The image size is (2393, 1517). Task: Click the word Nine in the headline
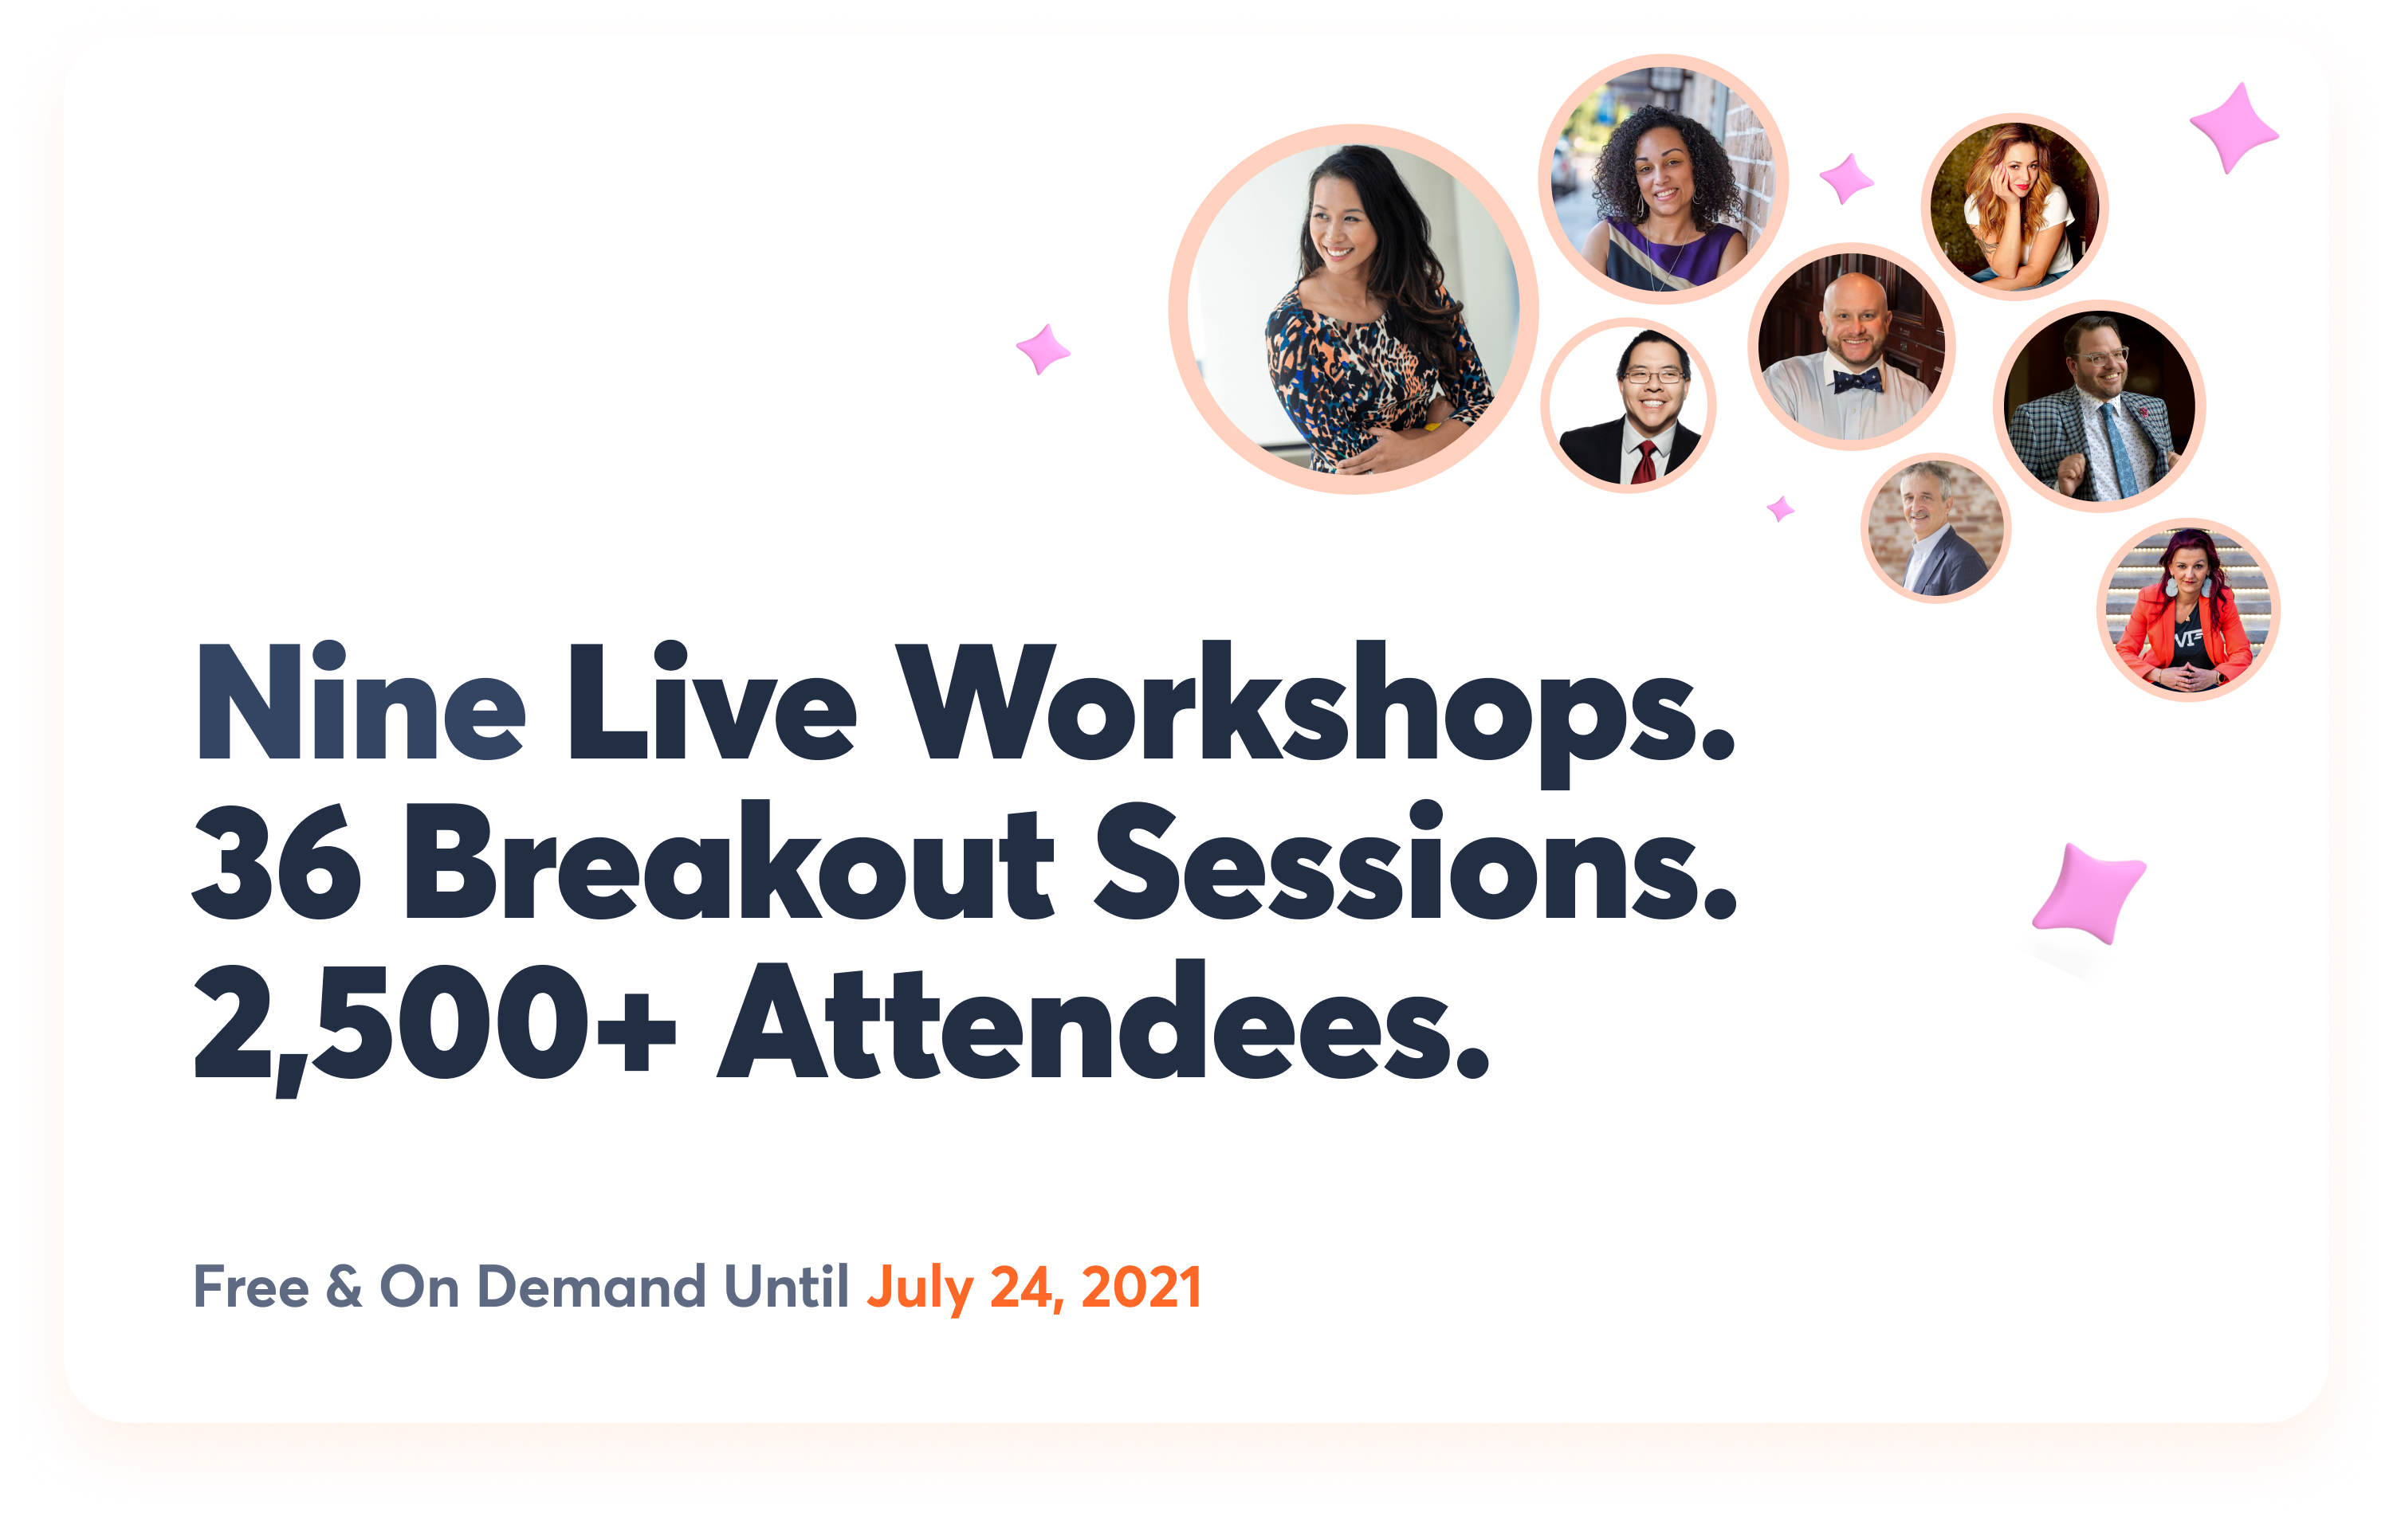[x=362, y=701]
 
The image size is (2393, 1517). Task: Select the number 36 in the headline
[x=277, y=860]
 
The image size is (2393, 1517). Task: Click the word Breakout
[x=729, y=860]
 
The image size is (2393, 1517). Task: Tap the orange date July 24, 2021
[x=1035, y=1289]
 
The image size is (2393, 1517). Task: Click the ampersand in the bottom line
[x=344, y=1287]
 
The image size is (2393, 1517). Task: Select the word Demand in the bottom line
[x=591, y=1287]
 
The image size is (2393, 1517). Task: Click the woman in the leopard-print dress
[x=1354, y=309]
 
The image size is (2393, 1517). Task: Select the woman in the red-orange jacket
[x=2188, y=610]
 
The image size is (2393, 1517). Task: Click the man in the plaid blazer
[x=2099, y=406]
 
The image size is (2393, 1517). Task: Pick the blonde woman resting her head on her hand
[x=2014, y=206]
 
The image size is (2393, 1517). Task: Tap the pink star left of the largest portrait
[x=1043, y=349]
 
